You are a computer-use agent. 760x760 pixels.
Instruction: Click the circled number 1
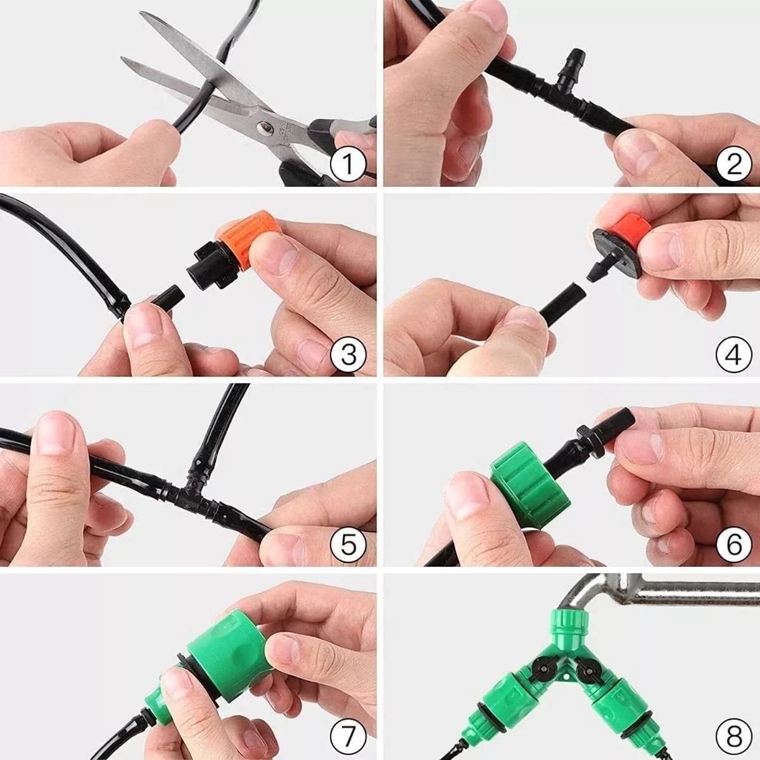tap(348, 165)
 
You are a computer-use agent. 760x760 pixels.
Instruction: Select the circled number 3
tap(348, 355)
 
